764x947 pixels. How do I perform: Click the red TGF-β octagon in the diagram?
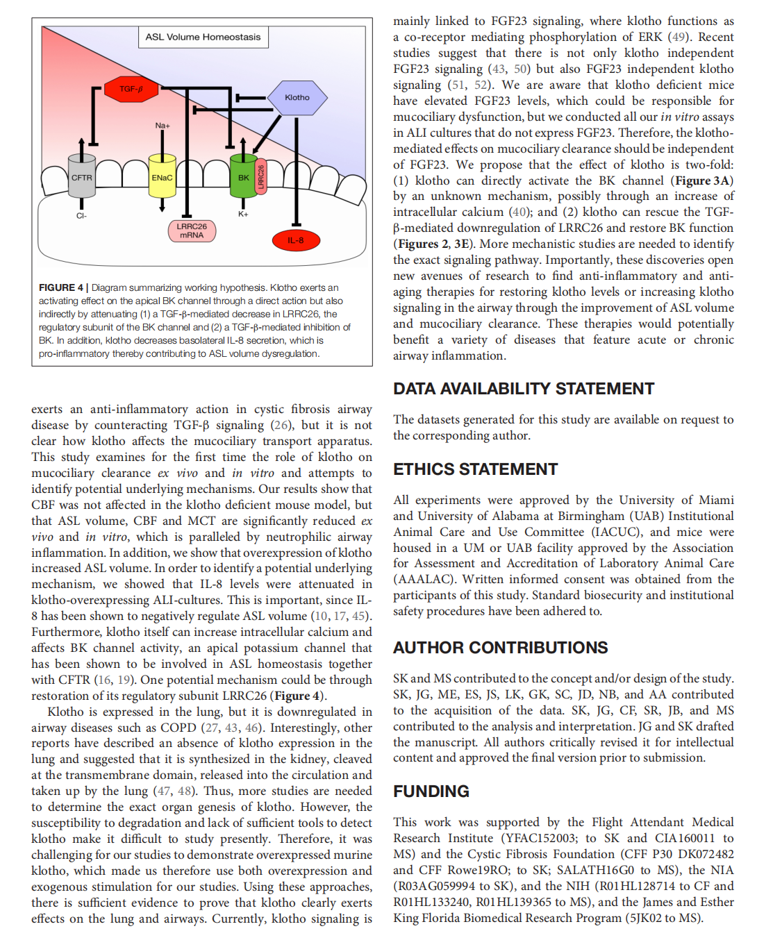coord(130,89)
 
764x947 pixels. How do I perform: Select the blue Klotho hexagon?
coord(297,97)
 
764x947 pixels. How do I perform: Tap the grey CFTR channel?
coord(81,178)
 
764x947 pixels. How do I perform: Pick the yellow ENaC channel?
coord(162,178)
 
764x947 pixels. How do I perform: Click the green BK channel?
coord(243,178)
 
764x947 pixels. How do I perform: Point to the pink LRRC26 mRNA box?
coord(192,231)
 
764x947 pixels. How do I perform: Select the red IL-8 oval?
coord(295,240)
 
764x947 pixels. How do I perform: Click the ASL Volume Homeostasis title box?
coord(203,37)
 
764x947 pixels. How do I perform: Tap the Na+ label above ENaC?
coord(163,126)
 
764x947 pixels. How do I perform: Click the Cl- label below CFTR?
coord(81,216)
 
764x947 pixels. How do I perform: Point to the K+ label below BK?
coord(243,214)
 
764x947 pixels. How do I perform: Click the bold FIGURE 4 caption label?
coord(61,287)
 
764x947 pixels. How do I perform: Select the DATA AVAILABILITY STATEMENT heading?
coord(524,389)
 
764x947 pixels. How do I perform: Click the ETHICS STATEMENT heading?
coord(475,469)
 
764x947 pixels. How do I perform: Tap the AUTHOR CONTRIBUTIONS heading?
coord(500,648)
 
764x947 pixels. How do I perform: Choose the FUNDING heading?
coord(431,791)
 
